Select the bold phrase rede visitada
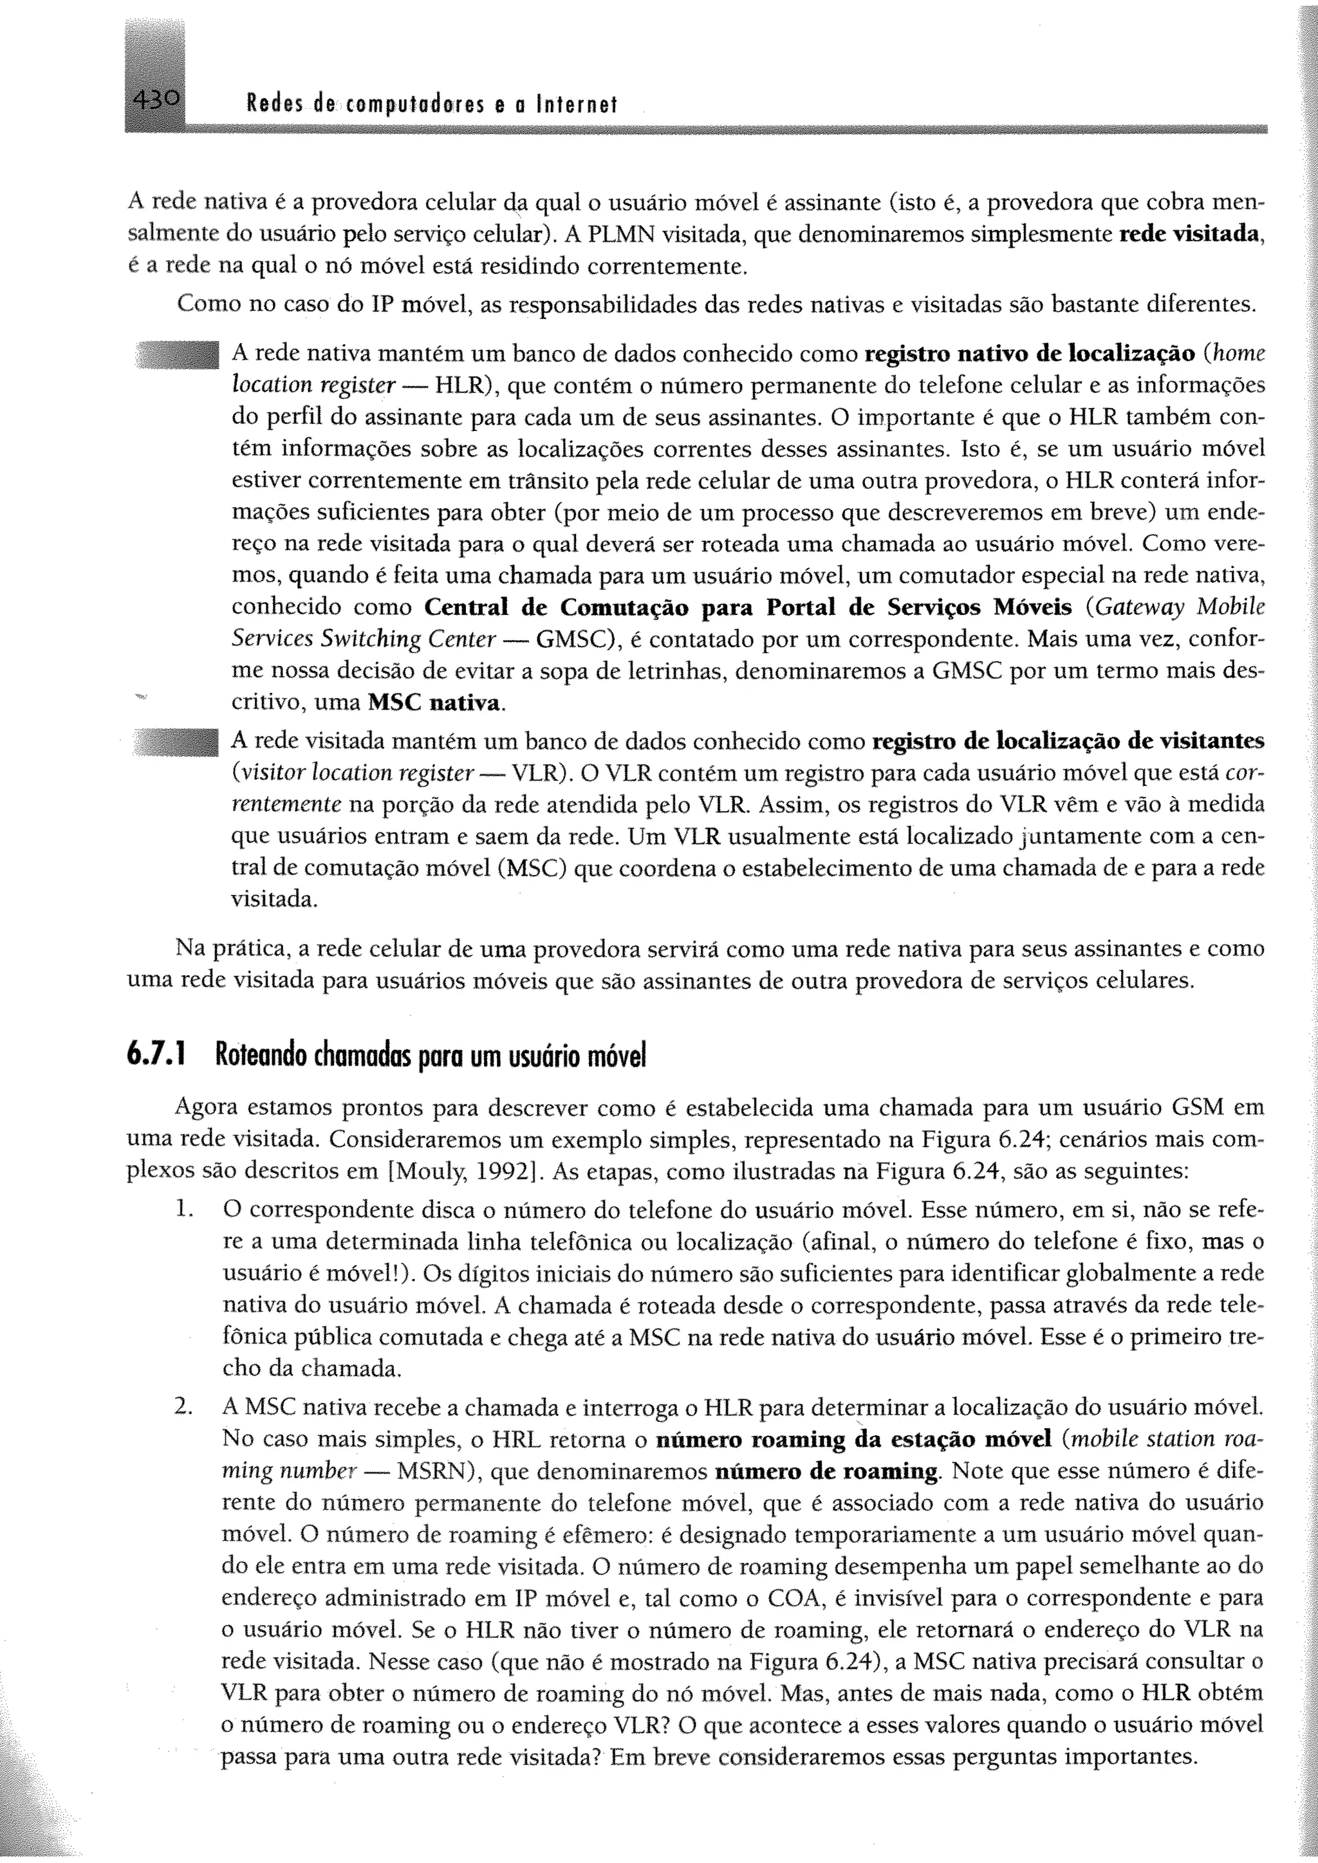click(x=1191, y=235)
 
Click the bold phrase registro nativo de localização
click(x=1030, y=354)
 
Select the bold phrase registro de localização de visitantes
click(x=1068, y=741)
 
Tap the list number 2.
click(x=183, y=1406)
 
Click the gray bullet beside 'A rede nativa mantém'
click(x=178, y=355)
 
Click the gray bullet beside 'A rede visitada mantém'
click(x=178, y=742)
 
